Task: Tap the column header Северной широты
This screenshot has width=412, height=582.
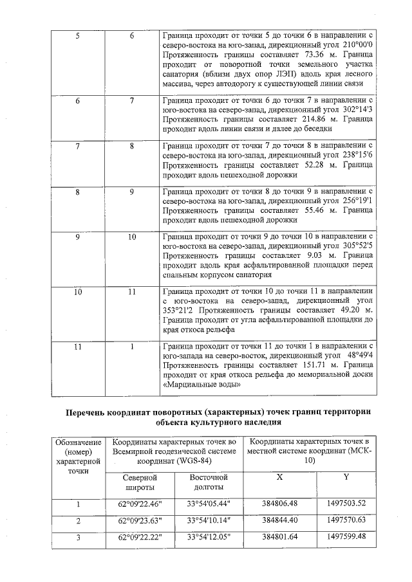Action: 138,483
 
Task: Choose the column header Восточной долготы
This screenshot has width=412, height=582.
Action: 209,483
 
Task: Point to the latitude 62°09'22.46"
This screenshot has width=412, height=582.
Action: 139,504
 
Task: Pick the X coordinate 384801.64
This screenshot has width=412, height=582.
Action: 279,536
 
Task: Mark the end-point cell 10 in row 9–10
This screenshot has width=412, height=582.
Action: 132,237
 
